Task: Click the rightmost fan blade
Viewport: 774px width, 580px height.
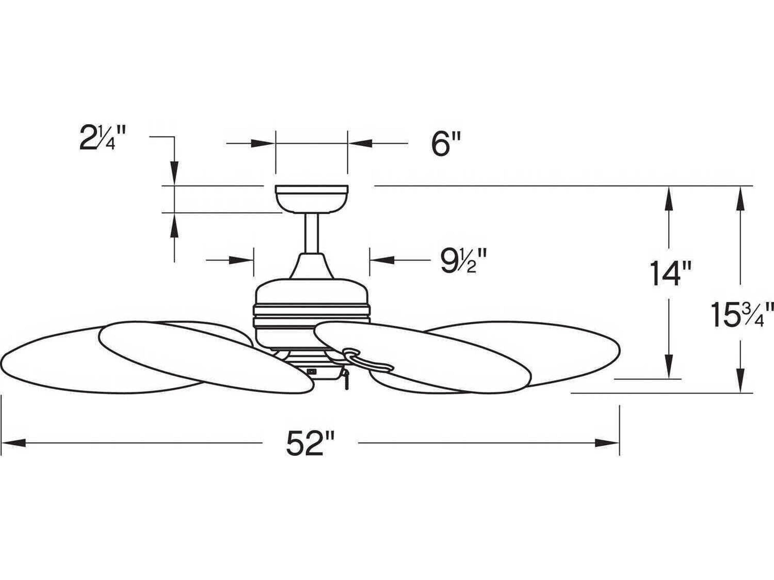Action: coord(546,350)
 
